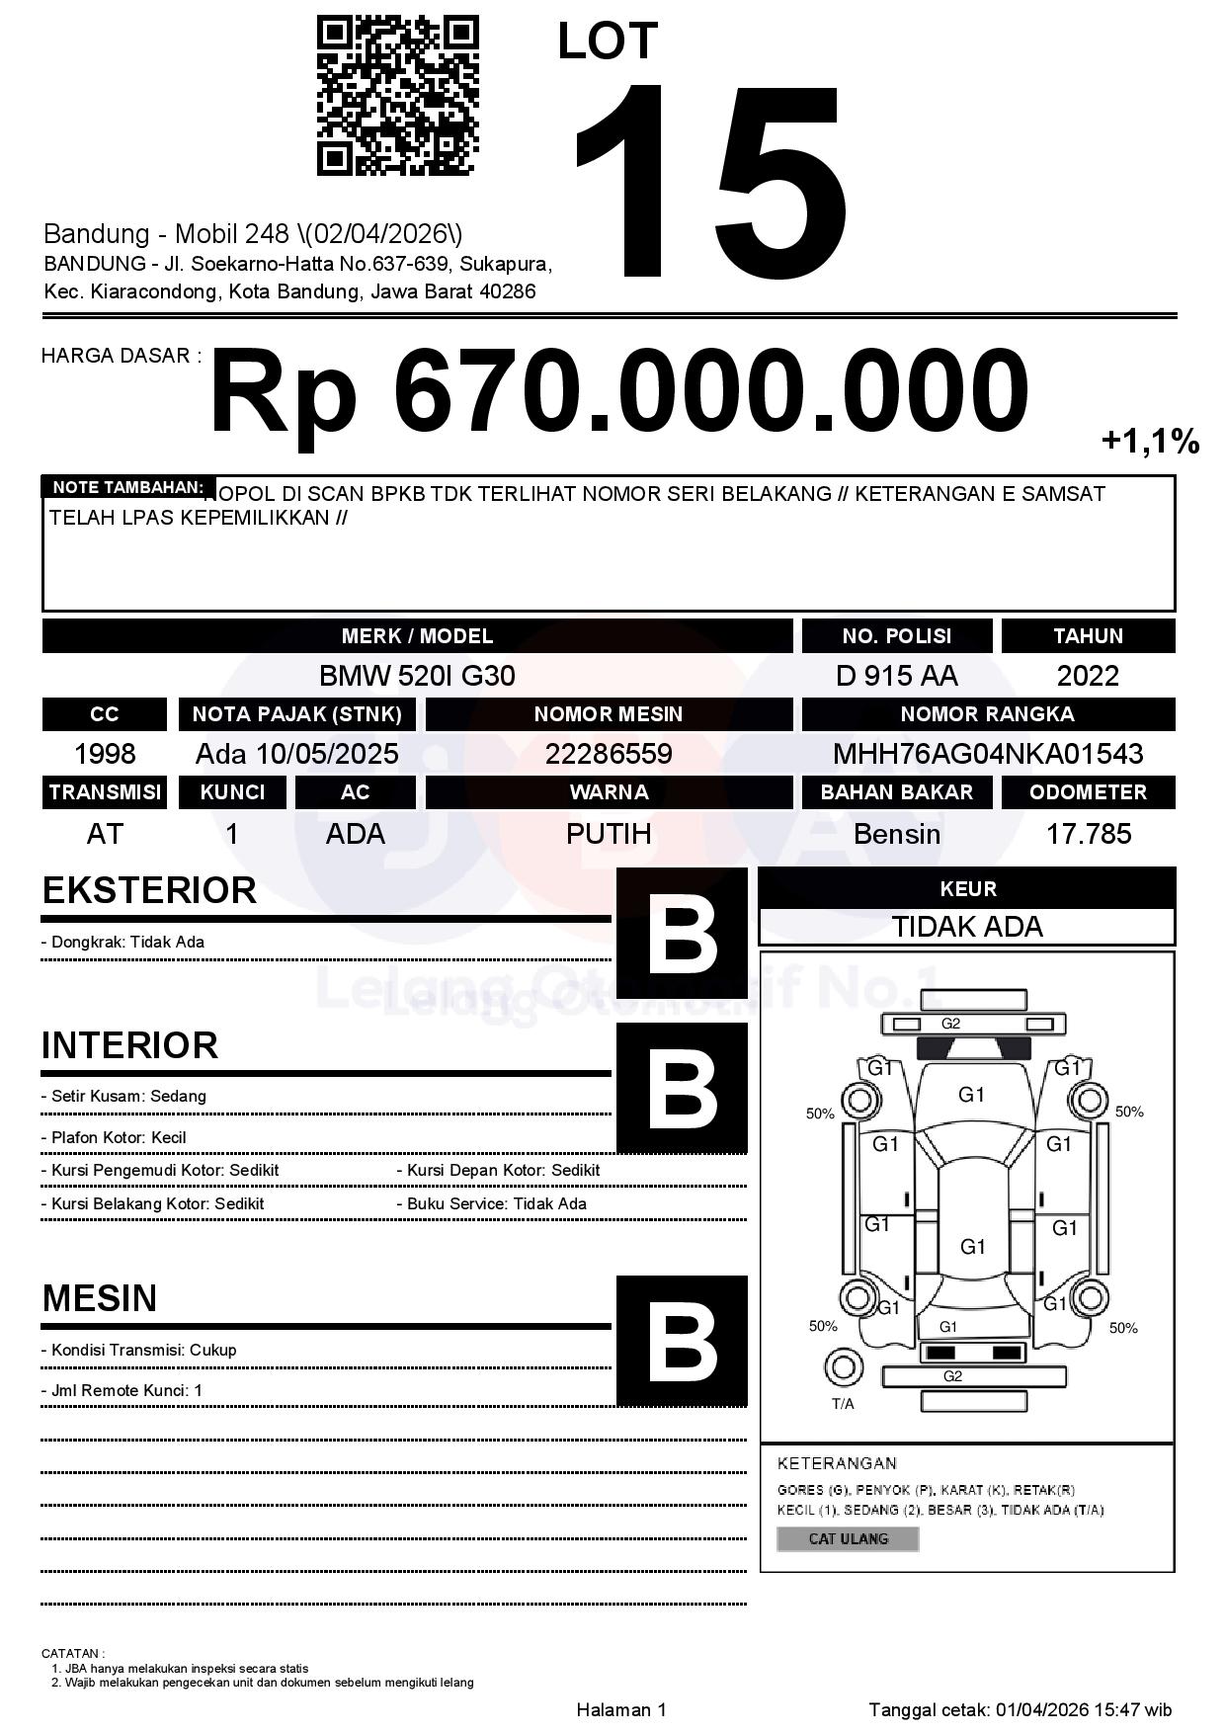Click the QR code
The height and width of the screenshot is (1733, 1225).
tap(397, 95)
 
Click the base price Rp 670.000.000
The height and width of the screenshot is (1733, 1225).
tap(618, 391)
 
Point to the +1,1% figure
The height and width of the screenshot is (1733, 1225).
tap(1150, 442)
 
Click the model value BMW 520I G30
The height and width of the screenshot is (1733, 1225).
tap(417, 676)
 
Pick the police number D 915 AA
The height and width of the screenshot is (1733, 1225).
tap(896, 676)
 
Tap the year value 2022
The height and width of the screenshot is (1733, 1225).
tap(1088, 676)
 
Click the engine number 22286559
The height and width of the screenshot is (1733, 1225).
tap(609, 754)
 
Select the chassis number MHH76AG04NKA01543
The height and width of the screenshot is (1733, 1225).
tap(988, 754)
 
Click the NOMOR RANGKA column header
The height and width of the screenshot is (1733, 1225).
tap(988, 714)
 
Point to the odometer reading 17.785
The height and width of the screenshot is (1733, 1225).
tap(1088, 834)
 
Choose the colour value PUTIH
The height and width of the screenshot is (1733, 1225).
tap(609, 834)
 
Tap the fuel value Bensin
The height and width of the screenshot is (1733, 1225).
tap(896, 834)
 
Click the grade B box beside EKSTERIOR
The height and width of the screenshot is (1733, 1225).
tap(682, 933)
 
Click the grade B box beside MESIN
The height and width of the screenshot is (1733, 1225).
tap(682, 1341)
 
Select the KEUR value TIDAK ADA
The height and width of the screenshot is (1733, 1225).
tap(967, 927)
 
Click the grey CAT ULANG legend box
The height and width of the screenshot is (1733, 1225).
tap(848, 1538)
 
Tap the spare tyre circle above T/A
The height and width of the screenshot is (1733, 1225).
tap(843, 1367)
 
